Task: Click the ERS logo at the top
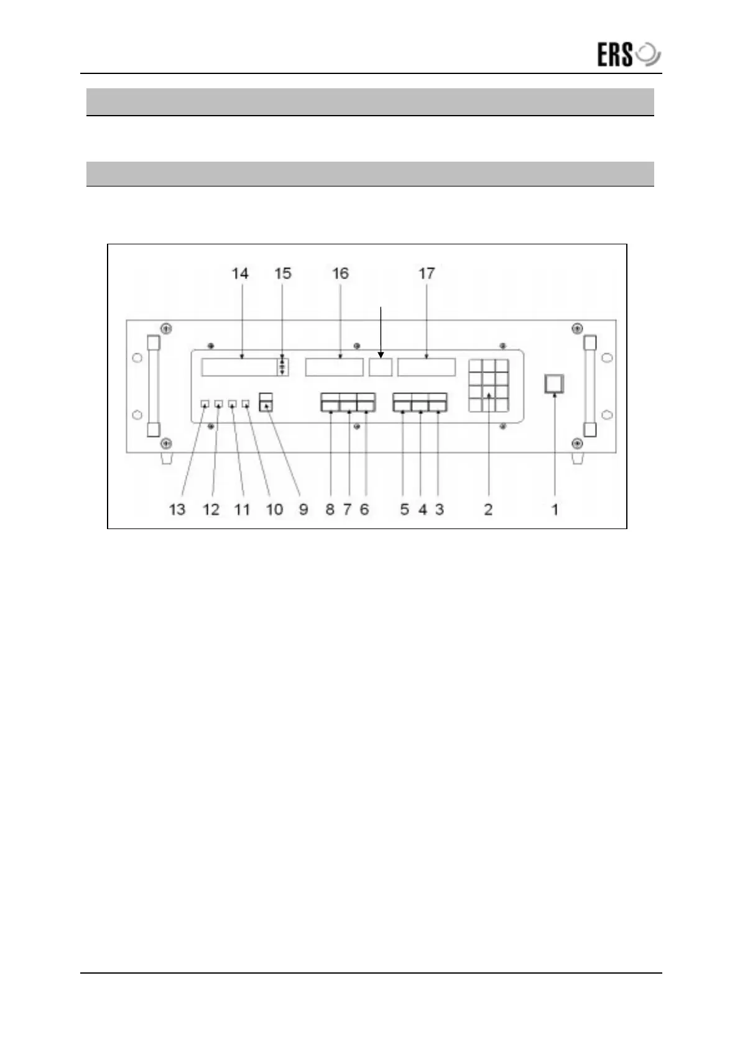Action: pos(628,55)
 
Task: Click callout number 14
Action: pos(240,274)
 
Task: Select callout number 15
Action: pos(283,274)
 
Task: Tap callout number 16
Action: pos(340,274)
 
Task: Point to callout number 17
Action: pos(427,274)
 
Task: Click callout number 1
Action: pos(555,510)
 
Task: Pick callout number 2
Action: pos(488,510)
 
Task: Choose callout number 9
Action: pos(303,510)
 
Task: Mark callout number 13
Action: pos(177,510)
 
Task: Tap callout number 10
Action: pos(274,510)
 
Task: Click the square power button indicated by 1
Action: pos(554,384)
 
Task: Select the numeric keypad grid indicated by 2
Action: pos(489,385)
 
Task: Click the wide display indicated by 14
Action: pos(239,367)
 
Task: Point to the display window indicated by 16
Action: pos(334,367)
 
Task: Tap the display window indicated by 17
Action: pos(427,367)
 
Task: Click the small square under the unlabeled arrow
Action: pos(381,367)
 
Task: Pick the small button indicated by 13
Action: pos(205,404)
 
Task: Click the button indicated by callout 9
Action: pos(266,402)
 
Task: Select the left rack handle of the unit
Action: pos(153,385)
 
